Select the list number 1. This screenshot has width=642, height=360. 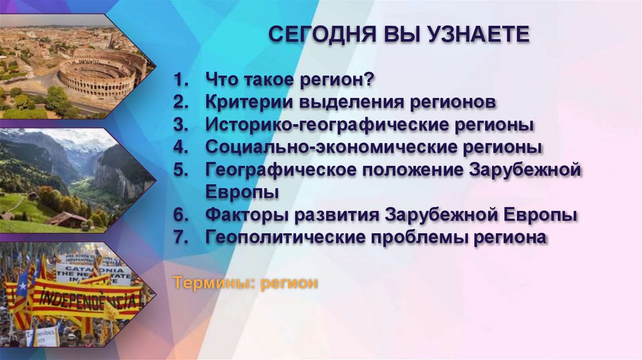point(181,80)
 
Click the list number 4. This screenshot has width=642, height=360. point(181,148)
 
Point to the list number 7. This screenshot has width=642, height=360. point(181,238)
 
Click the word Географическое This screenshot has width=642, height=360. point(278,171)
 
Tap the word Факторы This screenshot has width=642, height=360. point(239,215)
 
